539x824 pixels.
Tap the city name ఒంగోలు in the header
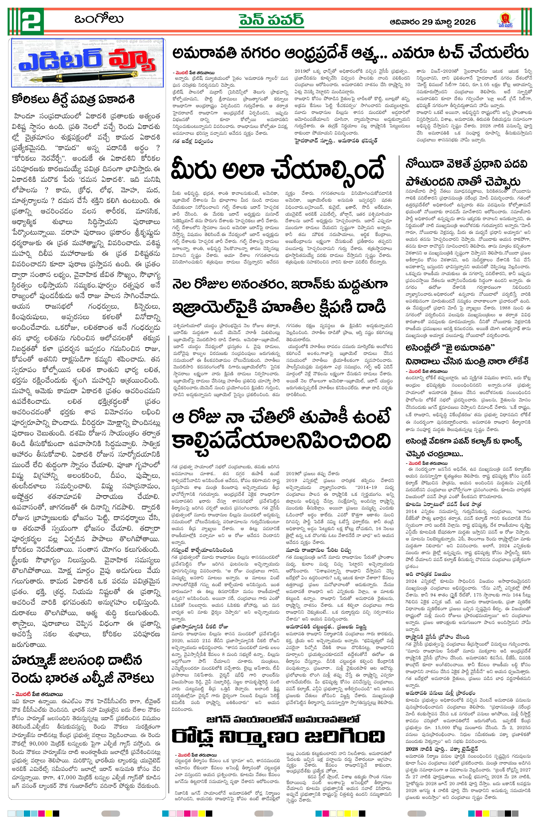[99, 19]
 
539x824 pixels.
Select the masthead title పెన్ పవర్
[271, 20]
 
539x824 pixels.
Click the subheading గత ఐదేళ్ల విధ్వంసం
[193, 141]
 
